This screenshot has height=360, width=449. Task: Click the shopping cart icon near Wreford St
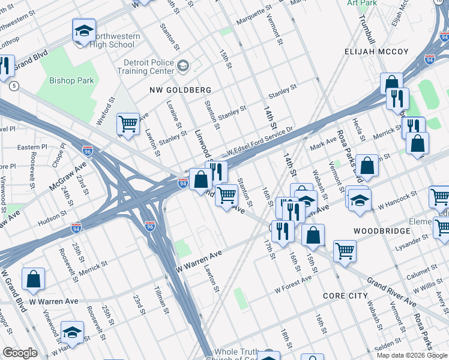point(128,124)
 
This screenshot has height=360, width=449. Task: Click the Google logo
point(20,353)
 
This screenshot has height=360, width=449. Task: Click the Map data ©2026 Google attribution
point(412,355)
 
